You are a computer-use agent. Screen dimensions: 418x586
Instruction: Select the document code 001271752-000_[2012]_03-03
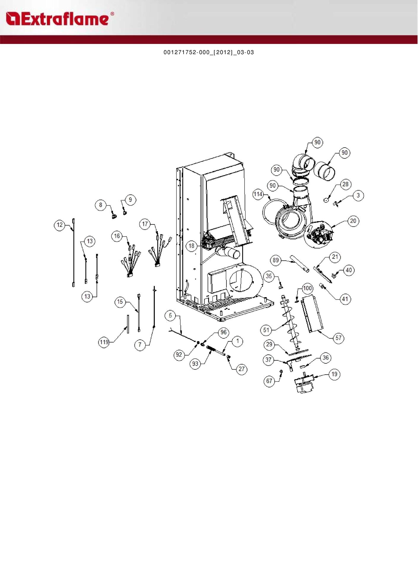pyautogui.click(x=209, y=52)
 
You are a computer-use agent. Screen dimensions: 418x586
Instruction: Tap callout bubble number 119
pyautogui.click(x=104, y=342)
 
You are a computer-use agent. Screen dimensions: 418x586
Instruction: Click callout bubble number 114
pyautogui.click(x=258, y=194)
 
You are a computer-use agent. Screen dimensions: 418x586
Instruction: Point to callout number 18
pyautogui.click(x=192, y=246)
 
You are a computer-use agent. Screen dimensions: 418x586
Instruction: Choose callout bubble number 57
pyautogui.click(x=339, y=338)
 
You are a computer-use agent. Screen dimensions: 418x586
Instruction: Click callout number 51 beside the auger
pyautogui.click(x=266, y=330)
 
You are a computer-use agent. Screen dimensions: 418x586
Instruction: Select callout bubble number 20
pyautogui.click(x=353, y=221)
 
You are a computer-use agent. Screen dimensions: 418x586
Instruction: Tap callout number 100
pyautogui.click(x=307, y=288)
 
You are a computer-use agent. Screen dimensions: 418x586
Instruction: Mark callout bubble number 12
pyautogui.click(x=60, y=225)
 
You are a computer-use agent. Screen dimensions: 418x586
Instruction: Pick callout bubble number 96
pyautogui.click(x=224, y=332)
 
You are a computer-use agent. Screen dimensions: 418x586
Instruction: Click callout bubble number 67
pyautogui.click(x=269, y=381)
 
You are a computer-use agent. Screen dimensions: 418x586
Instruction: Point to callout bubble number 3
pyautogui.click(x=358, y=195)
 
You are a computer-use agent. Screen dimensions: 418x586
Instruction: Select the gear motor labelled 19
pyautogui.click(x=304, y=385)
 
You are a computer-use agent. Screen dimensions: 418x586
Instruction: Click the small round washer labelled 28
pyautogui.click(x=326, y=200)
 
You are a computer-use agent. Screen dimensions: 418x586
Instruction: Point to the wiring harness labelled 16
pyautogui.click(x=130, y=261)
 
